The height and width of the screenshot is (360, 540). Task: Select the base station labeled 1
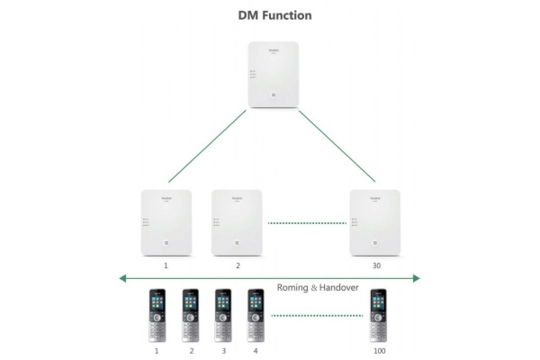point(166,223)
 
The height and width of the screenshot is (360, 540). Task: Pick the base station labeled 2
point(236,223)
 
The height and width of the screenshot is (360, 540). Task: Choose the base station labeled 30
point(374,223)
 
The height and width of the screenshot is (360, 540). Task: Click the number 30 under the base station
point(374,266)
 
